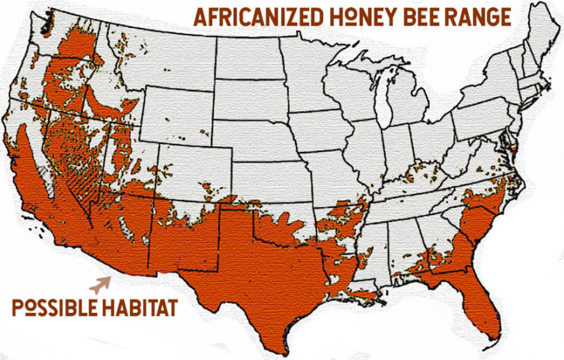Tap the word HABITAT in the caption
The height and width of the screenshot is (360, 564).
click(x=139, y=306)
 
